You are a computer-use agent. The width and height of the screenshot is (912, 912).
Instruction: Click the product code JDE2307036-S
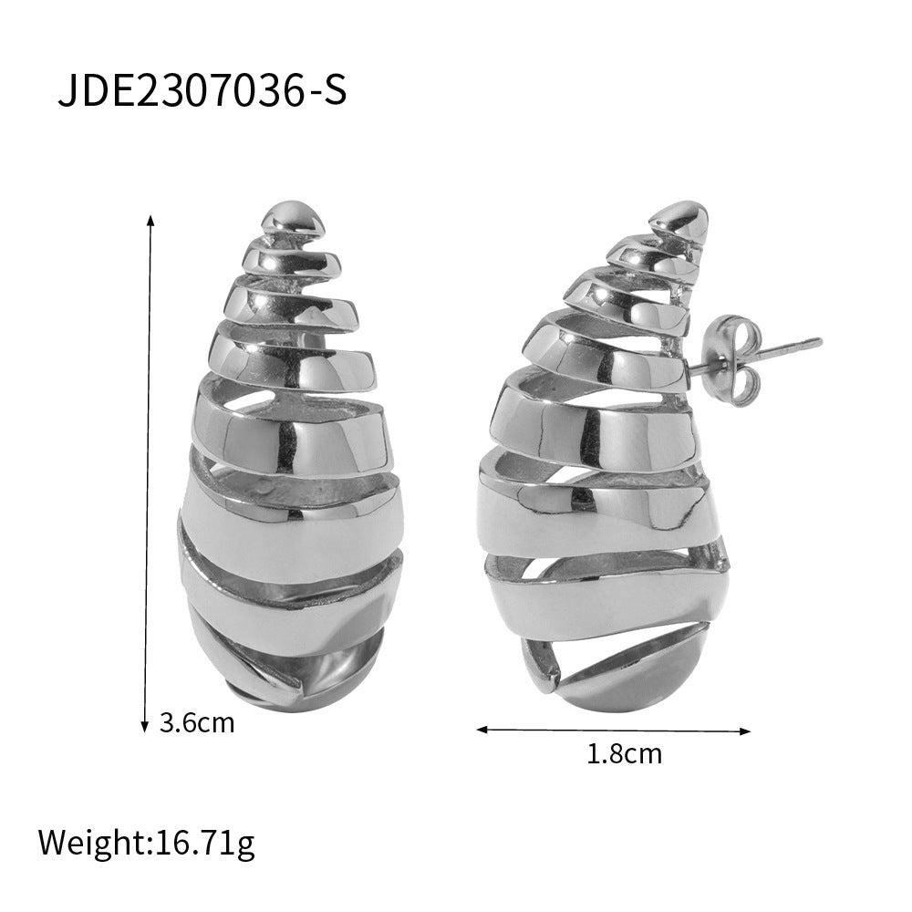[202, 92]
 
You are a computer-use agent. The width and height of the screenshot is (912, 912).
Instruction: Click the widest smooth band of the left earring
[274, 524]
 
